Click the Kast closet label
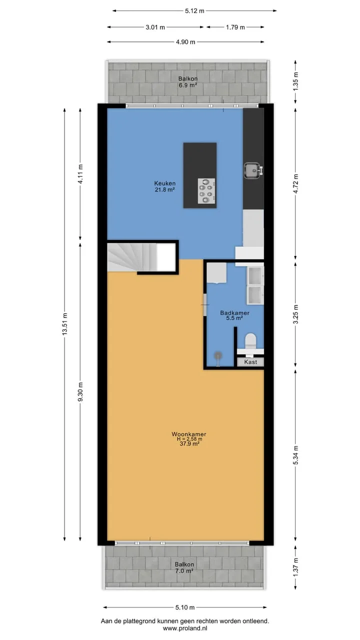(x=250, y=362)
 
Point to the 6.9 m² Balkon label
(x=188, y=81)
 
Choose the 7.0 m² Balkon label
(x=184, y=567)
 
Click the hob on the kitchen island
(x=206, y=191)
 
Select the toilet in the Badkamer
(x=250, y=341)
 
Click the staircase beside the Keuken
(x=132, y=257)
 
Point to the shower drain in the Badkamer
(x=218, y=355)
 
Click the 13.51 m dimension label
(x=65, y=324)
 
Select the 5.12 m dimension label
(x=194, y=11)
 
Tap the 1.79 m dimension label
(x=235, y=27)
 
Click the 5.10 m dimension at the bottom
(x=185, y=607)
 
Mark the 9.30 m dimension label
(x=80, y=391)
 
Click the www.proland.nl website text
(x=185, y=628)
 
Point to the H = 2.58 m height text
(x=189, y=439)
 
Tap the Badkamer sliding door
(x=205, y=305)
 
